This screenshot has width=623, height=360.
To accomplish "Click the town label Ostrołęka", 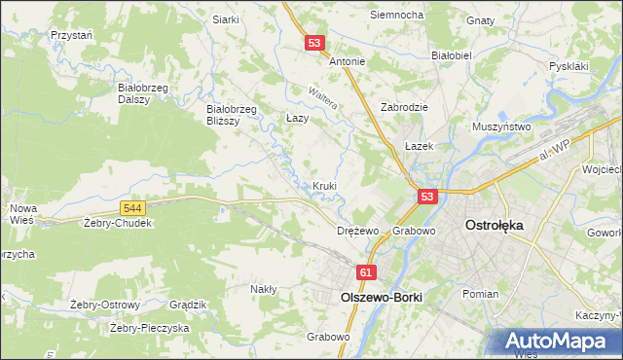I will click(495, 224).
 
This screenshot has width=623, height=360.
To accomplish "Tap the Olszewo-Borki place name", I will click(375, 296).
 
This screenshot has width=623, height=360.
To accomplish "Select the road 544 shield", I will click(134, 208).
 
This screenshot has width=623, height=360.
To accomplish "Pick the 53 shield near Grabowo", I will click(427, 197).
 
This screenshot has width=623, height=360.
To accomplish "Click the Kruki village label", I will click(325, 186).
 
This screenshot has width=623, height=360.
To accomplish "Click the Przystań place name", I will click(71, 34).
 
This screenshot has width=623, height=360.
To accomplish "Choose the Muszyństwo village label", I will click(500, 126).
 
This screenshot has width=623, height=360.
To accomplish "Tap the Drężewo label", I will click(356, 232).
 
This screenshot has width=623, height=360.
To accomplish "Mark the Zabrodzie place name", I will click(406, 107).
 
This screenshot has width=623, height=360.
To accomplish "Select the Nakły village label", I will click(264, 289).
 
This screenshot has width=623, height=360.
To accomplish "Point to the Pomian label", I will click(481, 294).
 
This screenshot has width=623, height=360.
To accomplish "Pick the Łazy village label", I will click(297, 118).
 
